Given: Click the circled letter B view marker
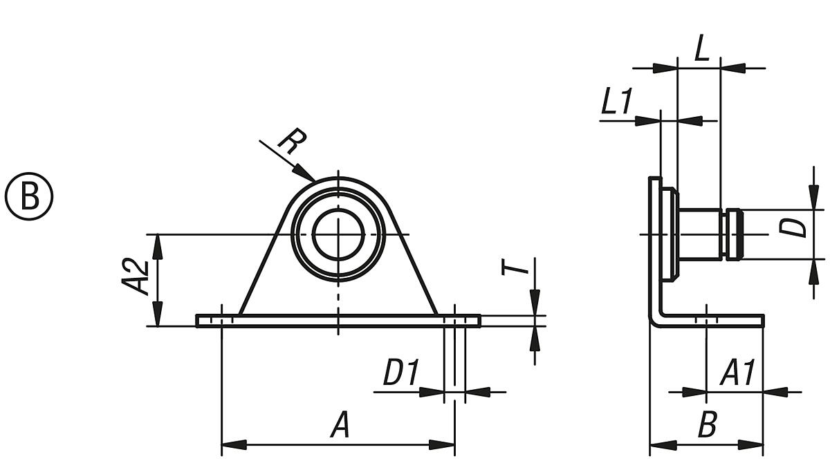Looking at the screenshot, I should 30,195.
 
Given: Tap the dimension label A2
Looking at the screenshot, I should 141,276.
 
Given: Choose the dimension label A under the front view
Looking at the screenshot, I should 339,425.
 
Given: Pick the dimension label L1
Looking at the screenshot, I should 616,103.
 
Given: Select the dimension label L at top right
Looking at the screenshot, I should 701,52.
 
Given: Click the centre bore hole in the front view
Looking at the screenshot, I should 338,234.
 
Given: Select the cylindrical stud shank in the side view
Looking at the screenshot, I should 699,234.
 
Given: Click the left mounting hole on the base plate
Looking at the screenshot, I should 221,320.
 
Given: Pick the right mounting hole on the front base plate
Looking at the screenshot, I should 454,320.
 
